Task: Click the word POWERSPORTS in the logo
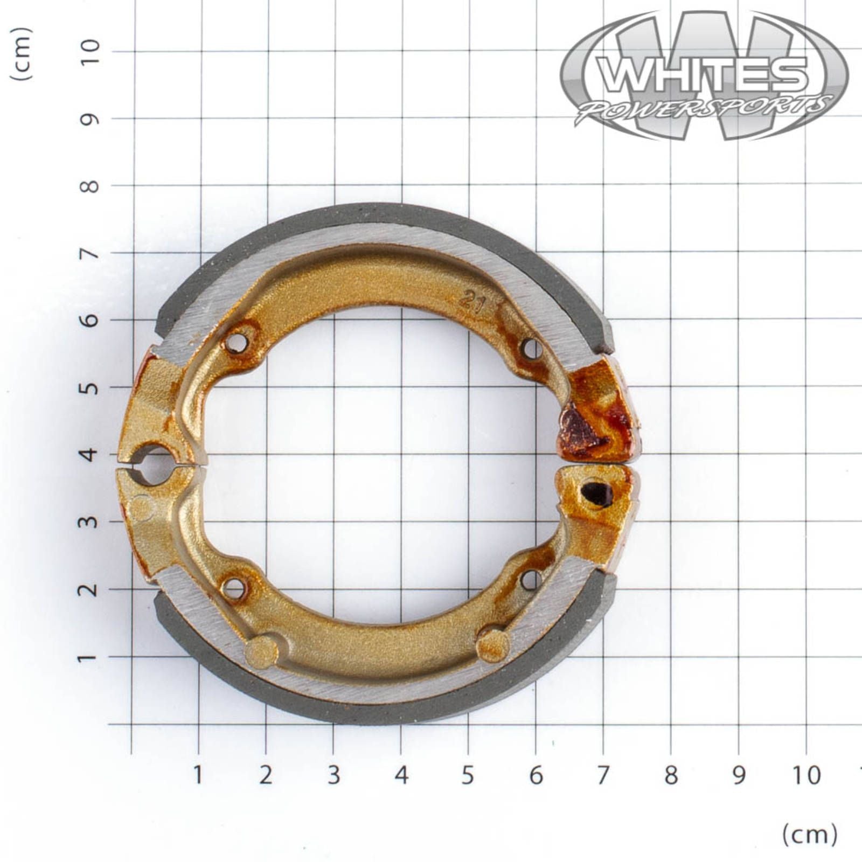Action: [703, 108]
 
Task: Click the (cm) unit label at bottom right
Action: [810, 835]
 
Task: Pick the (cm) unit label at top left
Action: [22, 54]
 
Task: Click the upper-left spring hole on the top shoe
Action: [236, 343]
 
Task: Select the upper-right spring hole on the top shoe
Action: [532, 349]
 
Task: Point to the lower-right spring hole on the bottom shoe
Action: [531, 580]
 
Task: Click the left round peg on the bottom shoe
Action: [261, 651]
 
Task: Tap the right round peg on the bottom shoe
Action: [493, 645]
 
